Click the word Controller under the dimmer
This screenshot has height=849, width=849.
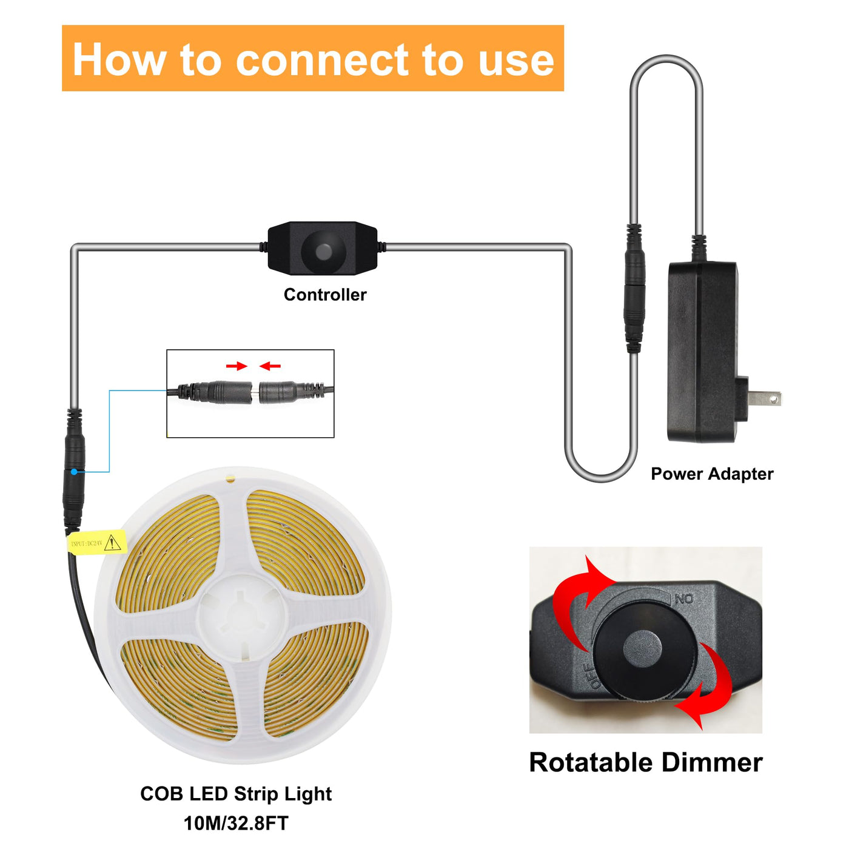click(325, 295)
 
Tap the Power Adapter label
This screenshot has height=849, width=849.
click(712, 474)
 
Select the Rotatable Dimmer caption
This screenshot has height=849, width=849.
click(645, 762)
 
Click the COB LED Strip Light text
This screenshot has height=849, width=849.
click(236, 794)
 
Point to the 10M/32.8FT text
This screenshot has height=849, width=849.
click(236, 823)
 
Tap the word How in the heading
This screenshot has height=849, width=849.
click(118, 60)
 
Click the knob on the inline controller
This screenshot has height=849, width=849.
click(323, 249)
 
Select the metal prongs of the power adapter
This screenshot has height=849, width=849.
click(765, 398)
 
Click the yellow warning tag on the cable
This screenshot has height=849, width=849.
click(97, 543)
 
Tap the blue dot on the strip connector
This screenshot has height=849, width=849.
click(74, 472)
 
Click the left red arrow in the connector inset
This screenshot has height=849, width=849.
click(237, 366)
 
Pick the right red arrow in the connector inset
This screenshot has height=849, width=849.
click(270, 366)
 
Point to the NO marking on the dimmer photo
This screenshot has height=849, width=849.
click(684, 599)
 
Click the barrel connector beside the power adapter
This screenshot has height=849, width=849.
click(634, 288)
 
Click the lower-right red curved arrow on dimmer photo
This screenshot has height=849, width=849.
click(710, 688)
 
